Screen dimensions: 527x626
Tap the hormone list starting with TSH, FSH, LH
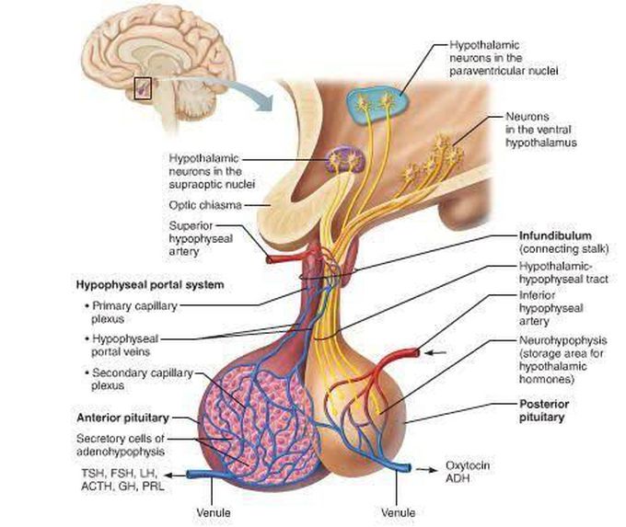pos(119,479)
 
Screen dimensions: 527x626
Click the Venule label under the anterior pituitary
pos(214,511)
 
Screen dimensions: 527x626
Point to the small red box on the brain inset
pos(142,88)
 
